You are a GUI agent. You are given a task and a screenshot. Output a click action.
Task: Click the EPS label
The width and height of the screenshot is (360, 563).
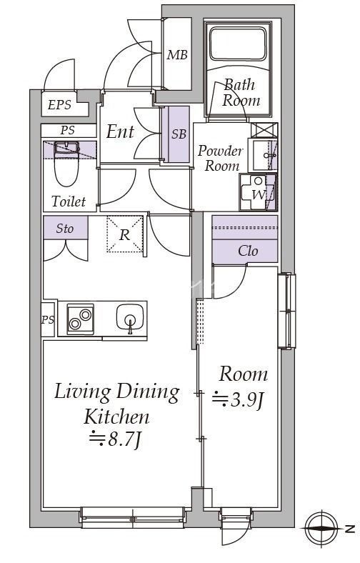[59, 105]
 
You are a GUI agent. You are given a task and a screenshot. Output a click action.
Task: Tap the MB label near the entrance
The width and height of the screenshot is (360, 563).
[177, 55]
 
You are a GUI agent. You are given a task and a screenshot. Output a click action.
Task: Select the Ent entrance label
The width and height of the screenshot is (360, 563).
[120, 131]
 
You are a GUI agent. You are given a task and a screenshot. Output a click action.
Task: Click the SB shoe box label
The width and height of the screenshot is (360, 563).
[179, 134]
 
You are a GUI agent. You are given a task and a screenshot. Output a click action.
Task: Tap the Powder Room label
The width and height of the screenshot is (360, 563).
[220, 158]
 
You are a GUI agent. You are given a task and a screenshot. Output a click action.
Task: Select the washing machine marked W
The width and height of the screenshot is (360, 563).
[259, 192]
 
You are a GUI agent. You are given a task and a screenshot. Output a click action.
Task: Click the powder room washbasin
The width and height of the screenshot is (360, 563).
[263, 155]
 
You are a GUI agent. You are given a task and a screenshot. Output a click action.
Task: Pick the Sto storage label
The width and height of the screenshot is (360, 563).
[65, 229]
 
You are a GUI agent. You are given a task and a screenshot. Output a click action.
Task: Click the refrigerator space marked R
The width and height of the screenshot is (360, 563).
[124, 234]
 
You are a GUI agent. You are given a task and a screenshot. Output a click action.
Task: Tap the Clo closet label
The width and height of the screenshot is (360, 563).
[248, 251]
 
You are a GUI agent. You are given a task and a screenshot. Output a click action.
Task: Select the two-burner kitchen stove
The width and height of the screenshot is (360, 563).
[81, 319]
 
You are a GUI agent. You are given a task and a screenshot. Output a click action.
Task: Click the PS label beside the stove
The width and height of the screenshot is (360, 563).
[48, 319]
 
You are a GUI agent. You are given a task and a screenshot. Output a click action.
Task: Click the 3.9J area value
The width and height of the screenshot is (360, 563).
[239, 399]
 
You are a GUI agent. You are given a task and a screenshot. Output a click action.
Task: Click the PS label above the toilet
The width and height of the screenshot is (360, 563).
[67, 130]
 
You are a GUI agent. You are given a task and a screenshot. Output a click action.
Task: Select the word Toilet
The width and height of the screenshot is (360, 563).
[69, 201]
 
